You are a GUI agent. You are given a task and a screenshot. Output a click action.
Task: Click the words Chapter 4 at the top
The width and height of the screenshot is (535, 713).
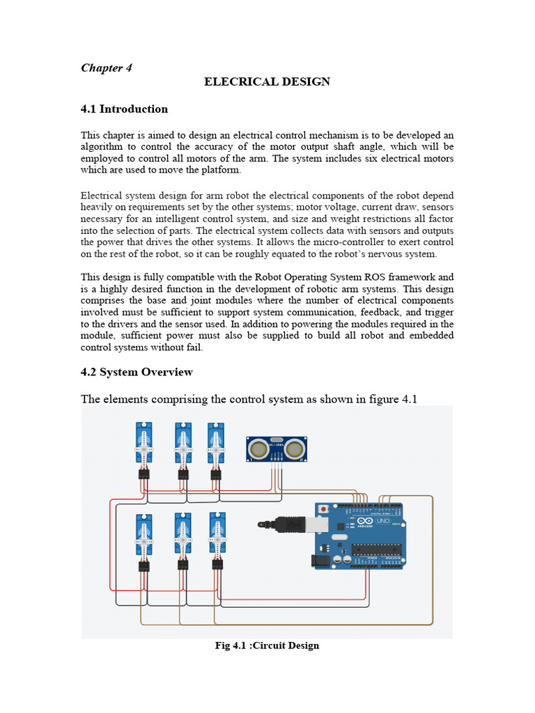107,68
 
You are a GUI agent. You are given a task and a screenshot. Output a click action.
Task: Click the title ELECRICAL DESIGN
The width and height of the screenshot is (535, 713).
267,82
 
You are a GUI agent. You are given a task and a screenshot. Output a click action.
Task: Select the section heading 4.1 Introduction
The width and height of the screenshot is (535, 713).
124,109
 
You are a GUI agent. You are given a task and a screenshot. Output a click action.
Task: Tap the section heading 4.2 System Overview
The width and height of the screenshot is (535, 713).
137,372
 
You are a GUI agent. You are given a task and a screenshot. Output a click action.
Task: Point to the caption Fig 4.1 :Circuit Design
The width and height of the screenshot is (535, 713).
267,645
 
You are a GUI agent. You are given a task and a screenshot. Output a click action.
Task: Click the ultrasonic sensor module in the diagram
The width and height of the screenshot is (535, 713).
277,448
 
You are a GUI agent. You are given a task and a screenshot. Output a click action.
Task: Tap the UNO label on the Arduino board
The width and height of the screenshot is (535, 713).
382,521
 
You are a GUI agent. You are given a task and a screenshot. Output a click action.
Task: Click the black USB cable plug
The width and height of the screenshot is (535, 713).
287,522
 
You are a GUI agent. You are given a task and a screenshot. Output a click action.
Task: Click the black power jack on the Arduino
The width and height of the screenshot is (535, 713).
321,558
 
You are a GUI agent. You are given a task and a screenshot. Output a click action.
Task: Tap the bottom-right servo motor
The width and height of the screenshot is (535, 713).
217,535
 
